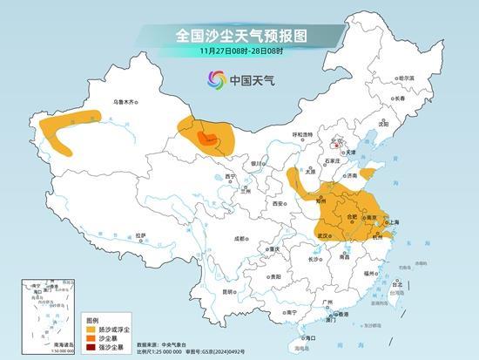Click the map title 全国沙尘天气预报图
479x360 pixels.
[239, 36]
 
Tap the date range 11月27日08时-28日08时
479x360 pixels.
[239, 53]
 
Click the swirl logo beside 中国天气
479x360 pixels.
[215, 80]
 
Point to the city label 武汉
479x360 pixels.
[323, 235]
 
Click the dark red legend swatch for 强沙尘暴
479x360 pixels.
[91, 349]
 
